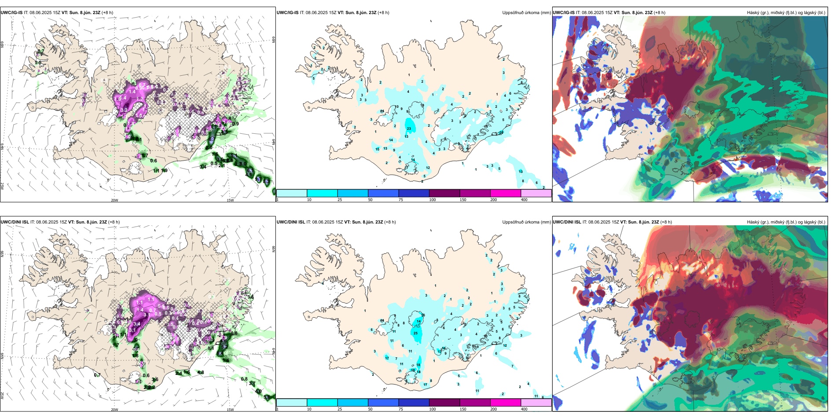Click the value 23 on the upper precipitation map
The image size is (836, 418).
(409, 128)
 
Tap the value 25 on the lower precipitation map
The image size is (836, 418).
(416, 333)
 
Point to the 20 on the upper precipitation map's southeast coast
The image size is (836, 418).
(501, 132)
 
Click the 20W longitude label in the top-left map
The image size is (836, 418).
(114, 200)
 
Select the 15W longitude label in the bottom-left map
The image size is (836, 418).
(230, 410)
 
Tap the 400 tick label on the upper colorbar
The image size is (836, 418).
(524, 200)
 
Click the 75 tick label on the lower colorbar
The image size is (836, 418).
(401, 409)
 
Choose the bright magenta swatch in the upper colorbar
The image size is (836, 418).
(506, 193)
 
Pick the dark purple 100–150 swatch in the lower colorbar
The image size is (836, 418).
(444, 403)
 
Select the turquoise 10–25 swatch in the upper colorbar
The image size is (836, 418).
(322, 193)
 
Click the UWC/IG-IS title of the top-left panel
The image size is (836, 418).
(11, 13)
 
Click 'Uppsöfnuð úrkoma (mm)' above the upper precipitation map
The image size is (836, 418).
(526, 13)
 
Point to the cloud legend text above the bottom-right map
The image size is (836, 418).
(786, 222)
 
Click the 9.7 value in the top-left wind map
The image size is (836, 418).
(259, 180)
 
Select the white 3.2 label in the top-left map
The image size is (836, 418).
(125, 110)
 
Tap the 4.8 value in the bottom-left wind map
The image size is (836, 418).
(201, 373)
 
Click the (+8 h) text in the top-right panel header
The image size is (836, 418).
(660, 13)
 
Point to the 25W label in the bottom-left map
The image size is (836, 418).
(3, 396)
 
